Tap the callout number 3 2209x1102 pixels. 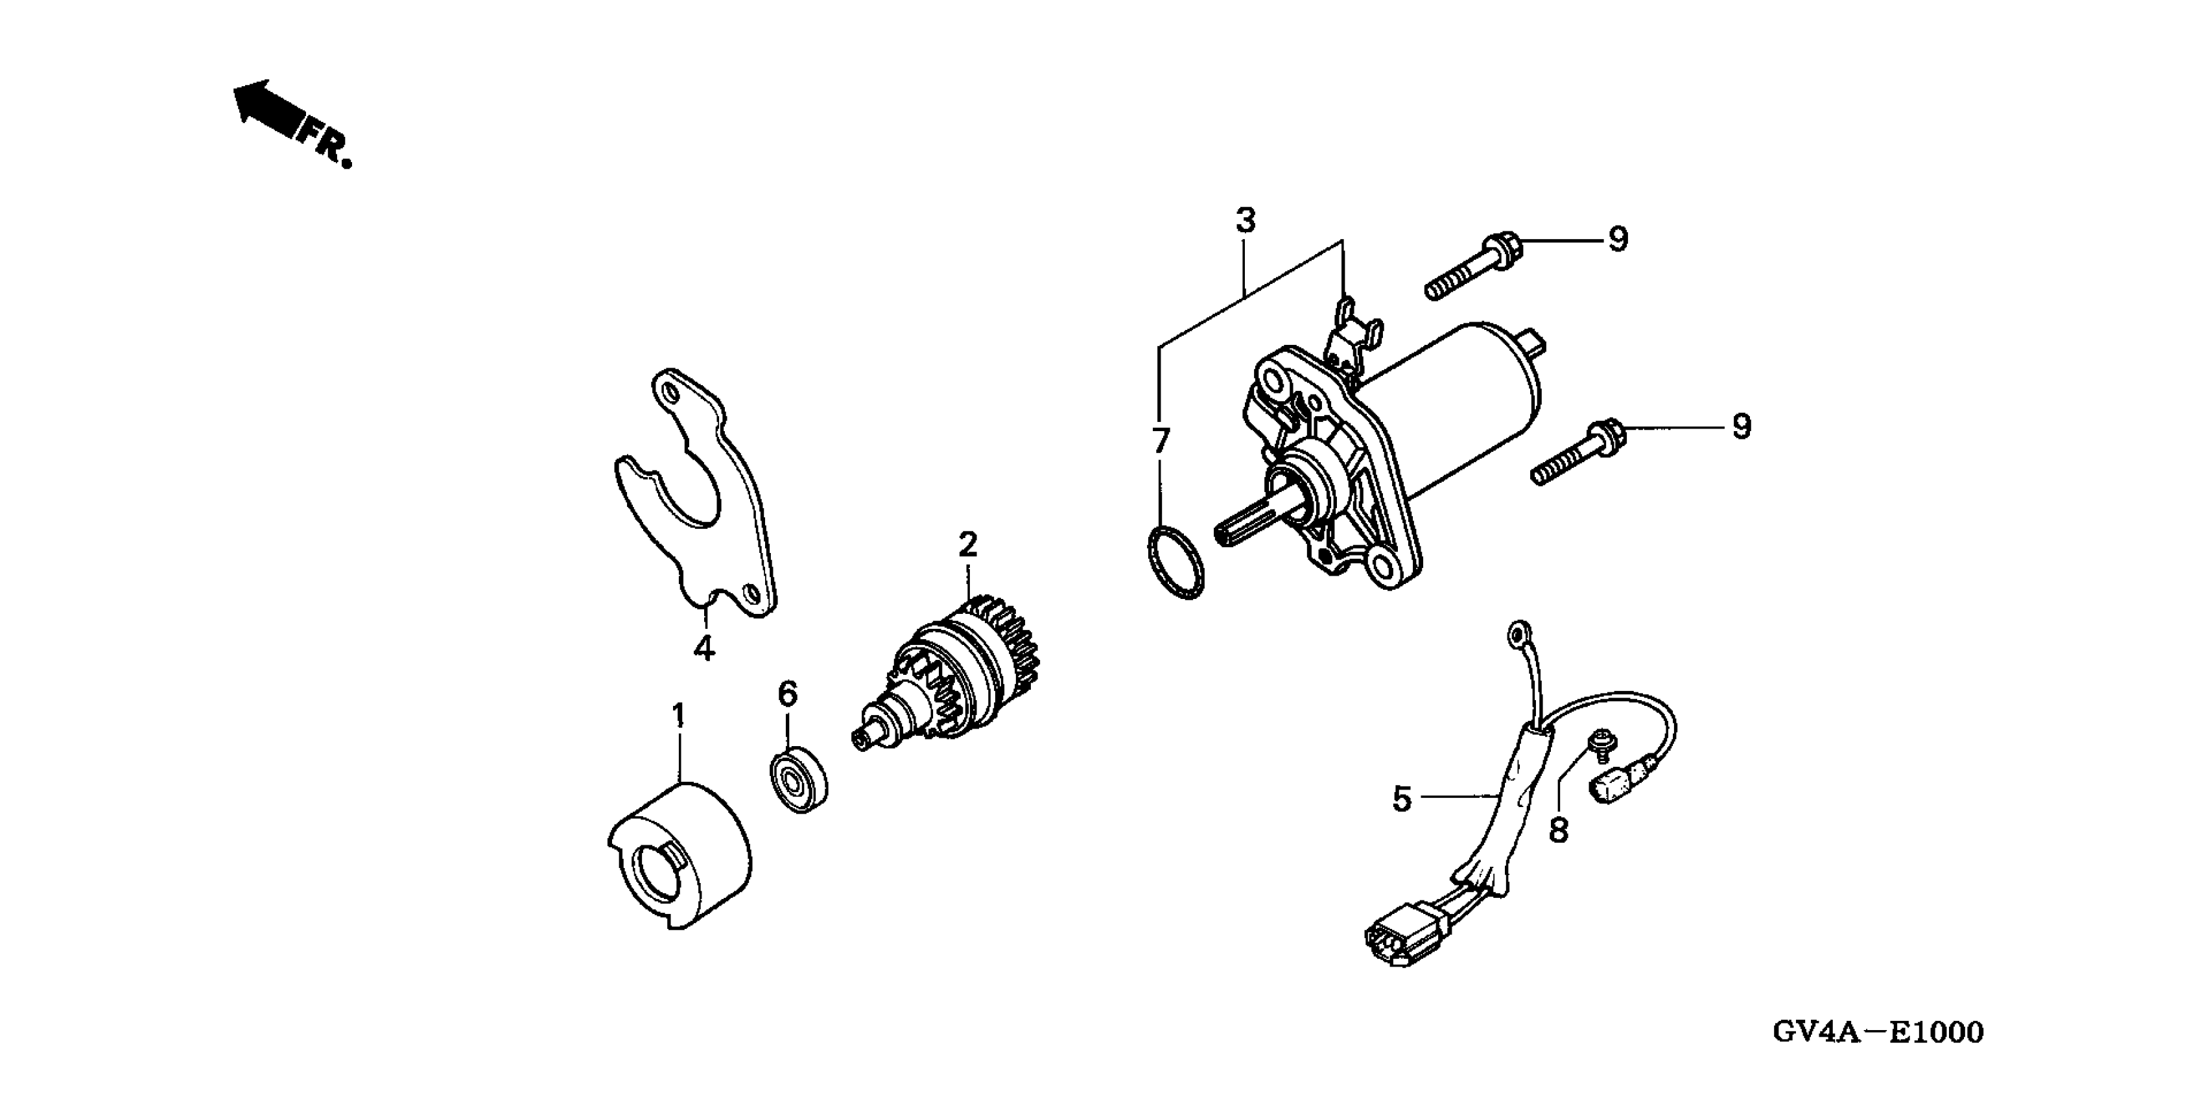tap(1245, 220)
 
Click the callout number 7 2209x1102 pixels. tap(1160, 441)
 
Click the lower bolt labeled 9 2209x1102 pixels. tap(1578, 454)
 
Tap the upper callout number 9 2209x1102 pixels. tap(1617, 239)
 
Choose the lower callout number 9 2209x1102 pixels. tap(1741, 427)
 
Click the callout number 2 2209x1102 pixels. tap(967, 544)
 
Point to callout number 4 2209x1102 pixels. tap(703, 648)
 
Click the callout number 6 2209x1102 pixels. tap(787, 694)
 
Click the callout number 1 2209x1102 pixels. tap(678, 715)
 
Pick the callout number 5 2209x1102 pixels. tap(1401, 799)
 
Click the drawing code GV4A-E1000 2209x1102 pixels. tap(1877, 1032)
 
